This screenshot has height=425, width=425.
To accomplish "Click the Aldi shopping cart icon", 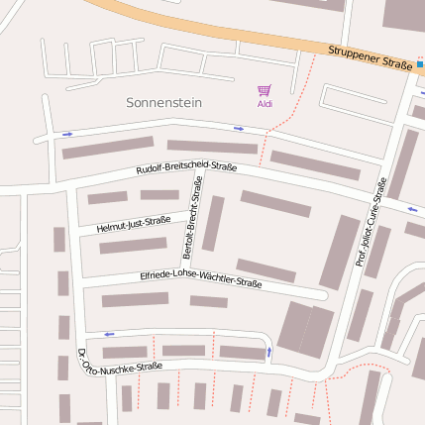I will pos(264,90).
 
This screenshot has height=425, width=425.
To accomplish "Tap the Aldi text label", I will pos(265,104).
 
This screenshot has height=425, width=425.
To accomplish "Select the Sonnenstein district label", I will pos(162,102).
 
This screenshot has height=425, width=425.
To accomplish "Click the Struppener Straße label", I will pos(370,57).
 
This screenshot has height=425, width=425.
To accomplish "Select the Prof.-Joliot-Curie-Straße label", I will pos(368,223).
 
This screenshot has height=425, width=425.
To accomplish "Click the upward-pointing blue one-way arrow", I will pos(269,352).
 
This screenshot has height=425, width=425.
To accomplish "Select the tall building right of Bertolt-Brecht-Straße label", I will pos(213,223).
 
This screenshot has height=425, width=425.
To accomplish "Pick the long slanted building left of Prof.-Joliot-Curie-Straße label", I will pos(340,252).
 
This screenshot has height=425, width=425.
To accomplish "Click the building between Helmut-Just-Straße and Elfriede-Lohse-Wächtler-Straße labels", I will pos(133,245).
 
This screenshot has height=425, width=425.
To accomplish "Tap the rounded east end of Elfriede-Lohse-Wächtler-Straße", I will pos(322,294).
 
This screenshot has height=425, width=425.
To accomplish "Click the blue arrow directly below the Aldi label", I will pos(239,128).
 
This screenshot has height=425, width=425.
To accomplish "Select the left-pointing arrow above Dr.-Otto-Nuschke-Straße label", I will pos(109,334).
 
